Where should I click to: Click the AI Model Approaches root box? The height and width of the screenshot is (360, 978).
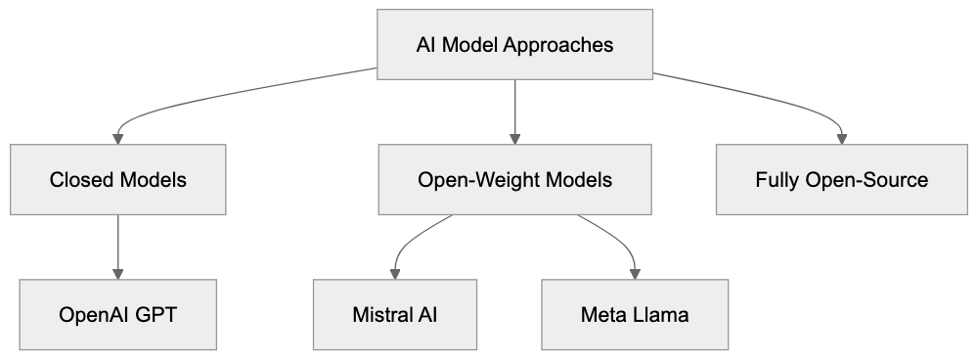515,45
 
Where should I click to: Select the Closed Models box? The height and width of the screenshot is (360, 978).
118,180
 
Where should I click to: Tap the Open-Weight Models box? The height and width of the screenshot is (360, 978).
515,180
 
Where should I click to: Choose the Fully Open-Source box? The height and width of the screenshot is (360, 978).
841,180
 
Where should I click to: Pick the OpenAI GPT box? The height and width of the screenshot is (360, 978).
118,315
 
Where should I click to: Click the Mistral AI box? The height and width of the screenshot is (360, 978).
395,315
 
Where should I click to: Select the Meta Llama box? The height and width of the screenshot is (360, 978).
635,315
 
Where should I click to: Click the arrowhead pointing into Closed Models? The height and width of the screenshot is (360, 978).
118,138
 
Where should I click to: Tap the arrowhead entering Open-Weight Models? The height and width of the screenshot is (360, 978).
515,138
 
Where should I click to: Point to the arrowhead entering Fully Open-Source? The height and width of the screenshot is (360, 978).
841,138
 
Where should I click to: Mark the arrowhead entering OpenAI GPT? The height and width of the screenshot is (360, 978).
118,273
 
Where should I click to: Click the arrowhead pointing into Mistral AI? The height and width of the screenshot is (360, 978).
395,273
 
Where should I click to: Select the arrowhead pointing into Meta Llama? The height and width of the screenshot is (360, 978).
635,273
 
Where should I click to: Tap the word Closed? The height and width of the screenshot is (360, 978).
83,180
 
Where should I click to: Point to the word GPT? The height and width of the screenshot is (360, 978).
159,315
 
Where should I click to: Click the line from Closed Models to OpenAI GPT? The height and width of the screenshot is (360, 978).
118,240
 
